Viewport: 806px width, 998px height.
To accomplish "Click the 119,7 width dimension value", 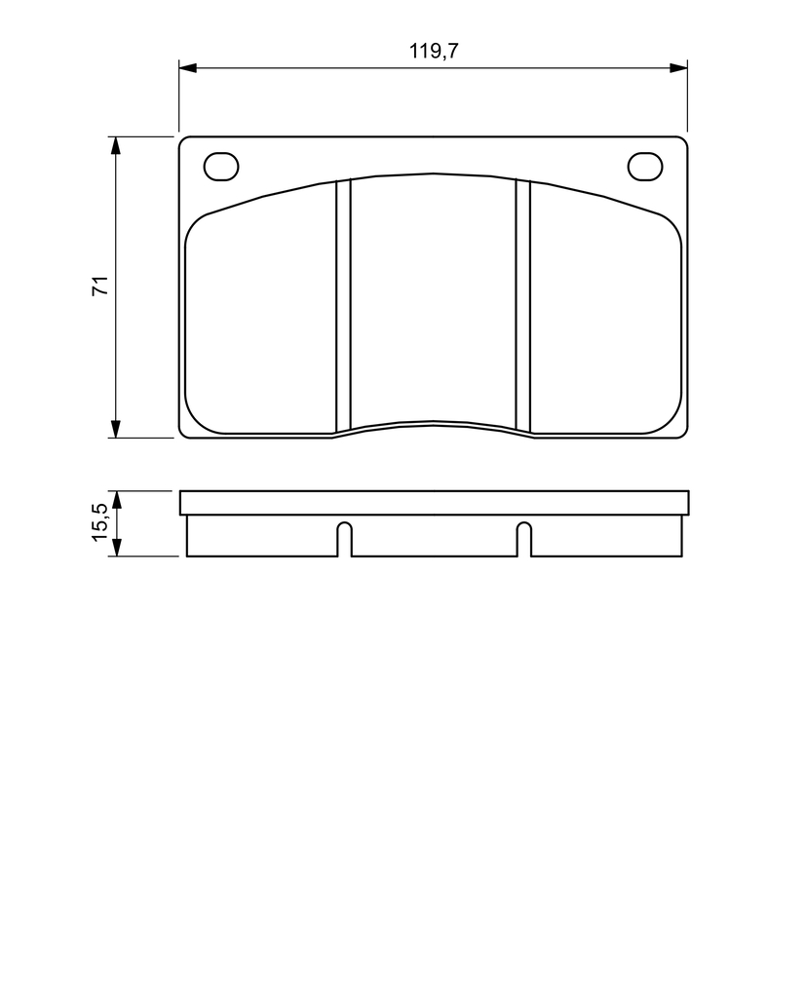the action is pyautogui.click(x=434, y=51).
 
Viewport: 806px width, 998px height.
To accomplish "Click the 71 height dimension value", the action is pyautogui.click(x=101, y=286).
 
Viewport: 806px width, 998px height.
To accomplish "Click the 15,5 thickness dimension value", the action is pyautogui.click(x=101, y=522).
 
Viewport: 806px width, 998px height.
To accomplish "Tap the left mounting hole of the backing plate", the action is pyautogui.click(x=221, y=167).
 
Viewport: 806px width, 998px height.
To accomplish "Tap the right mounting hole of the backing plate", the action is pyautogui.click(x=645, y=167).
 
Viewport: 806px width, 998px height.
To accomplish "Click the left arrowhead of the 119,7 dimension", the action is pyautogui.click(x=188, y=67).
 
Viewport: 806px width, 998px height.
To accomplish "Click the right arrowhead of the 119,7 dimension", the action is pyautogui.click(x=678, y=67).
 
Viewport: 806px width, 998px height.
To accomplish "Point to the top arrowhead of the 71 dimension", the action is pyautogui.click(x=115, y=146).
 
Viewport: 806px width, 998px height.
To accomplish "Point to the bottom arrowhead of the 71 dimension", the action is pyautogui.click(x=115, y=429).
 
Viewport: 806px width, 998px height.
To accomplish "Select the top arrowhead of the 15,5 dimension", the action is pyautogui.click(x=116, y=500).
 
